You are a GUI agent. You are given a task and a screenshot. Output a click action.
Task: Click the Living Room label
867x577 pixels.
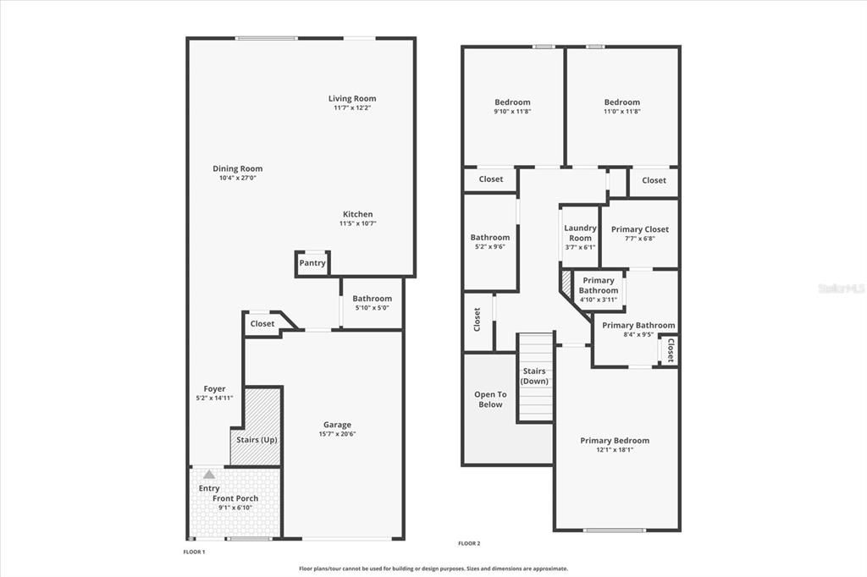coord(352,99)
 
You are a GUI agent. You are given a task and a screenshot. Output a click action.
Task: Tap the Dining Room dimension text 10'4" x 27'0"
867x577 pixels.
coord(237,179)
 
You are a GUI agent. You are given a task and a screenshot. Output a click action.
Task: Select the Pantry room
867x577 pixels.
coord(312,263)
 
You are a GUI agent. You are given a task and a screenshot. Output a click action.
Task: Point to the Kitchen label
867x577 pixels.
coord(357,214)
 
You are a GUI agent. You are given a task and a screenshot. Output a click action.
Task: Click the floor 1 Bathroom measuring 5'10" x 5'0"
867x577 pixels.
coord(372,302)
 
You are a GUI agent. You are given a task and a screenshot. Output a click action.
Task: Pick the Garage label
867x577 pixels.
coord(337,425)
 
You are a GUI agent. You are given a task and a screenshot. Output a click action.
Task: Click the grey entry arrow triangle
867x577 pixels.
coord(209,474)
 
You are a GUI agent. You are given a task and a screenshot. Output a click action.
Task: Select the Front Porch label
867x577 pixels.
coord(235,498)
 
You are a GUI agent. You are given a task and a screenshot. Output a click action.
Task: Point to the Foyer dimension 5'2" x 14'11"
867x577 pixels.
coord(214,398)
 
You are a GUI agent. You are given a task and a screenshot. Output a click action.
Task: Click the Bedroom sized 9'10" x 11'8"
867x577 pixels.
coord(512,107)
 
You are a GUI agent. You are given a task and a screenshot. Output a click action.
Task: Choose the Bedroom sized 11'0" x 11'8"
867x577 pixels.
coord(621,107)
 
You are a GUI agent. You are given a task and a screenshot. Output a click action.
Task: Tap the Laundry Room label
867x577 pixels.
coord(580,233)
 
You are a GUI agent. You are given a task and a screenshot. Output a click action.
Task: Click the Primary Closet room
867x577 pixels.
coord(639,233)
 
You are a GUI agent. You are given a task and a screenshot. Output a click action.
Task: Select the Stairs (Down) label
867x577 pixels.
coord(534,376)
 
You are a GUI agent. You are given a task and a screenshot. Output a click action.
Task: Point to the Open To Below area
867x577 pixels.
coord(490,399)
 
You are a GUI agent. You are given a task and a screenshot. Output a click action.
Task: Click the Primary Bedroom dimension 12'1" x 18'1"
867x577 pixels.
coord(615,450)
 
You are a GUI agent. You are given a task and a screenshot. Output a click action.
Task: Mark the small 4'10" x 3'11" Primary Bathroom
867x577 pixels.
coord(599,290)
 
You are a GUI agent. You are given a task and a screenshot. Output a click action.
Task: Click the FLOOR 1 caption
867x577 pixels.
coord(194,552)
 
